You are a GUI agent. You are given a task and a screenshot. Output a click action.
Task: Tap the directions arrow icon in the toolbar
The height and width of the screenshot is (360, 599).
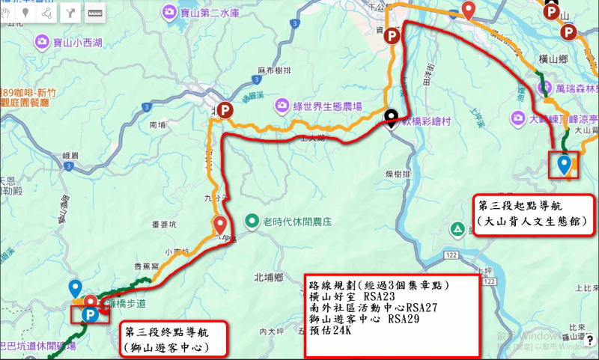click(x=71, y=12)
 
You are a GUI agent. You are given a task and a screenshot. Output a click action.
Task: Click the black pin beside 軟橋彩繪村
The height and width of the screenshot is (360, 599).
click(x=391, y=118)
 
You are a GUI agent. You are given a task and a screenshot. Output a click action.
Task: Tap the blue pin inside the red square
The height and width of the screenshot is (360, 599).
click(x=563, y=164)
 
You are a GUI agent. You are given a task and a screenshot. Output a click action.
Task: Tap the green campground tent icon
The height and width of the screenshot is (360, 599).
click(x=456, y=228)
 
